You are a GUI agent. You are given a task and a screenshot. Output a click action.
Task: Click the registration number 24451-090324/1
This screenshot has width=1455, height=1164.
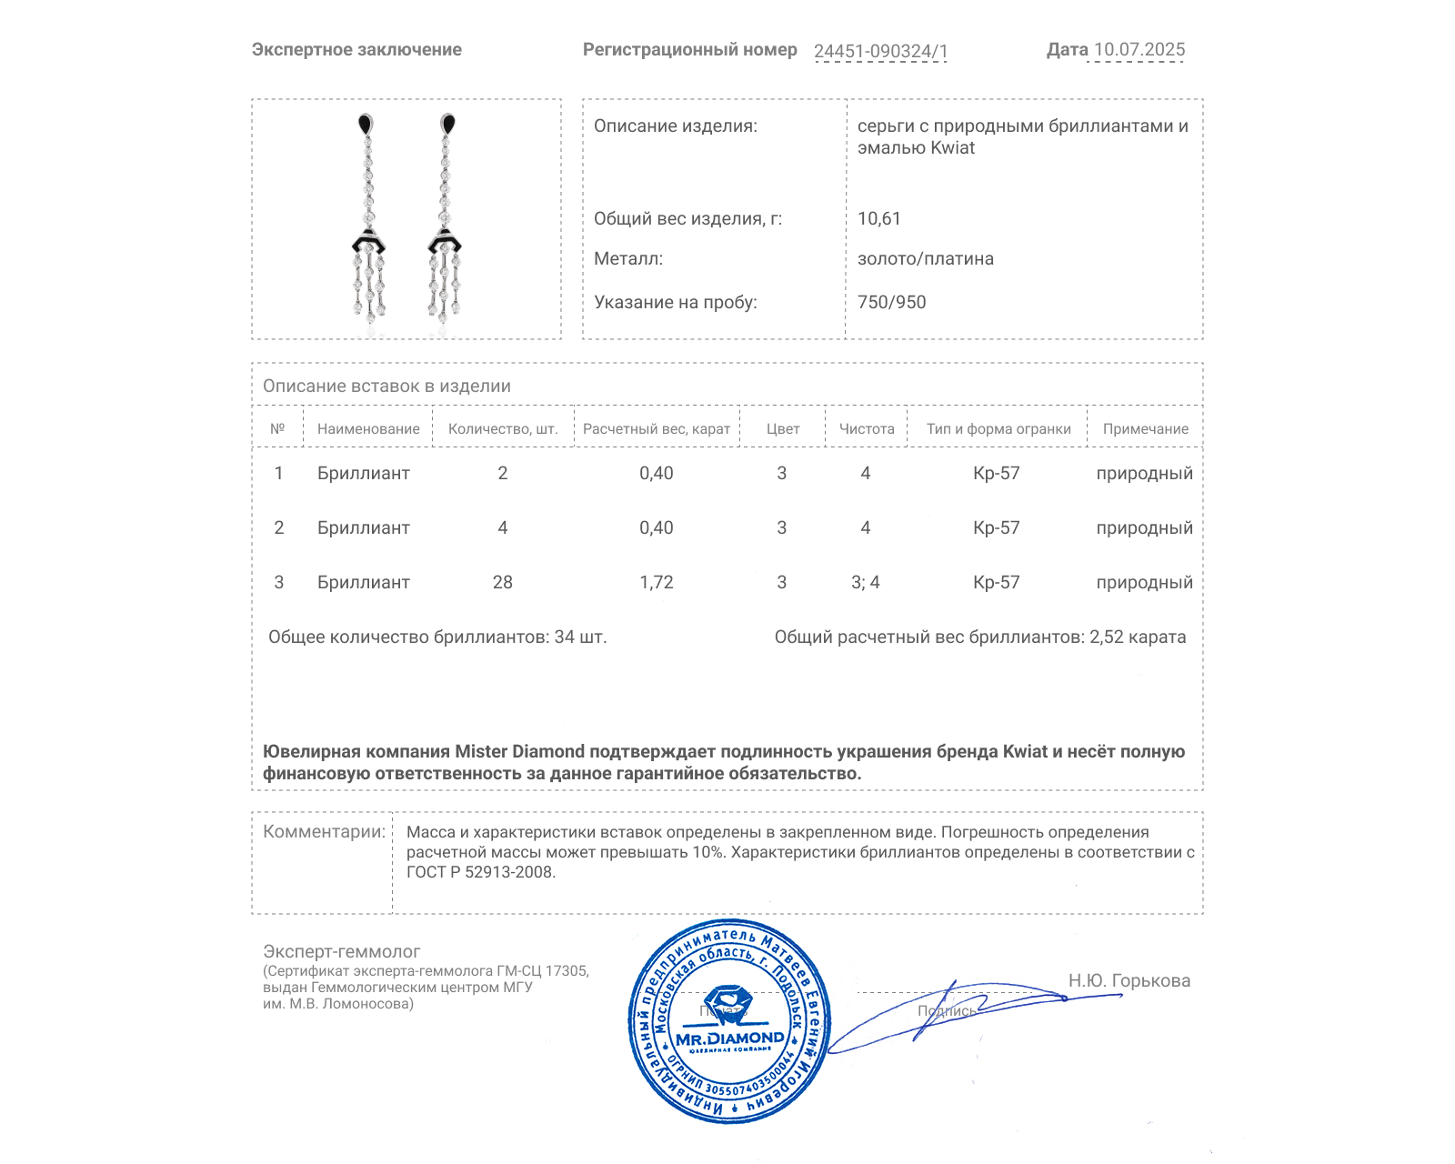(880, 51)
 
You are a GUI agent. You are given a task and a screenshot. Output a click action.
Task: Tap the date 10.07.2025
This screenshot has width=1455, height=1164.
(1139, 50)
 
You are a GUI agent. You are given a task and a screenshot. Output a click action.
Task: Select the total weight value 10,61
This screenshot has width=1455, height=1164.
(879, 219)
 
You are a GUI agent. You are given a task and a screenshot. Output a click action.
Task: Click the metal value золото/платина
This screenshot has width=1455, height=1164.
(926, 259)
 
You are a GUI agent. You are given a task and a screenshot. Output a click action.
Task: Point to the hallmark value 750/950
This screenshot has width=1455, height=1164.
(892, 303)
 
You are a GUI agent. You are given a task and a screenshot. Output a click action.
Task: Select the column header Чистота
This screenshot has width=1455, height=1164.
(867, 429)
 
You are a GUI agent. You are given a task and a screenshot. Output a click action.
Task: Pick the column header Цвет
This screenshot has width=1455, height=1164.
(783, 429)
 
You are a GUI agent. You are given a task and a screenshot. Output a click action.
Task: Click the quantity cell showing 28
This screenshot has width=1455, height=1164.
(503, 583)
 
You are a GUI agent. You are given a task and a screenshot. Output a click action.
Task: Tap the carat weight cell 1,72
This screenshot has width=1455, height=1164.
(657, 583)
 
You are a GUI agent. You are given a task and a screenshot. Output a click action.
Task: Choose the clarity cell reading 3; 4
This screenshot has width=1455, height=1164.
(866, 583)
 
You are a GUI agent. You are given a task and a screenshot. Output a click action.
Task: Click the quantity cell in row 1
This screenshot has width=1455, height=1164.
(503, 474)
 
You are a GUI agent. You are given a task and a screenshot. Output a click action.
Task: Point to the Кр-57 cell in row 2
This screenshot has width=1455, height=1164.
(997, 528)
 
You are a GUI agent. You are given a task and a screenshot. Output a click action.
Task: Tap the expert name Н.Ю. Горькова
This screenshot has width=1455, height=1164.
(1129, 981)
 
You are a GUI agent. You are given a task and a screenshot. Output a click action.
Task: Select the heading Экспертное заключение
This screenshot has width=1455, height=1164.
(356, 50)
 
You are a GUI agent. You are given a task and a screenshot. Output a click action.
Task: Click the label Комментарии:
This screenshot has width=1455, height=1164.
(324, 832)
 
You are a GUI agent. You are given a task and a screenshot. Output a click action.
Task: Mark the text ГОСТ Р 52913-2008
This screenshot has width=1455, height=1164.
(480, 873)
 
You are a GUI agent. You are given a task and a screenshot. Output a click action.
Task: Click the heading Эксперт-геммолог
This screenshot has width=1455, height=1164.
(342, 952)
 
